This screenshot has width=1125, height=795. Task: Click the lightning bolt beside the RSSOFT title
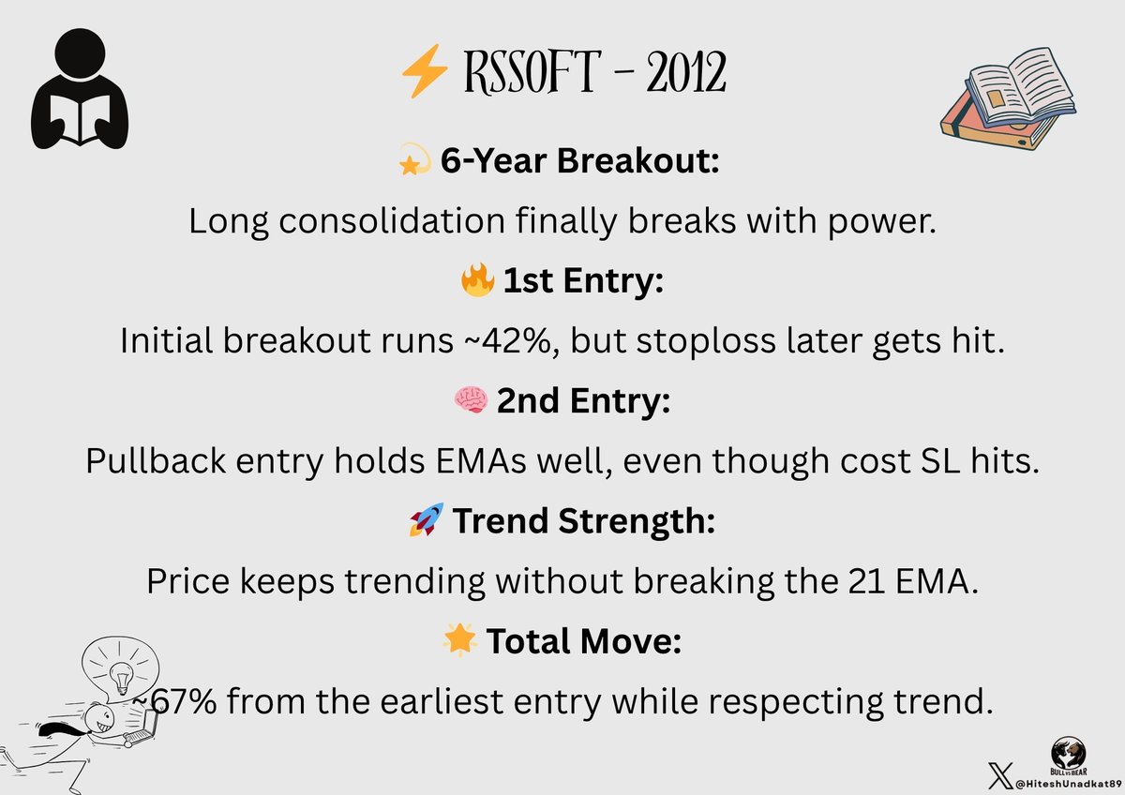425,71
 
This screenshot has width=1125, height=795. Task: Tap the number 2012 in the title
686,72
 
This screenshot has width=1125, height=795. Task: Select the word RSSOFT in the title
532,72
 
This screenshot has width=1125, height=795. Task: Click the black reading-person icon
80,88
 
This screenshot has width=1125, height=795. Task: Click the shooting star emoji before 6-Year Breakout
414,159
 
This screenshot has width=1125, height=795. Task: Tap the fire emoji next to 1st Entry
477,279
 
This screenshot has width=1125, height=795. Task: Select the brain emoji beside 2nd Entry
471,399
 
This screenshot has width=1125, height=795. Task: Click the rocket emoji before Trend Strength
427,519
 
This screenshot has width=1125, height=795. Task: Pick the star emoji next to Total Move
459,639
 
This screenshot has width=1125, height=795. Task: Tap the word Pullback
156,461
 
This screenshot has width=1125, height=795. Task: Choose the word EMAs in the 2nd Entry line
481,460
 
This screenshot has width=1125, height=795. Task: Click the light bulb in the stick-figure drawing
121,677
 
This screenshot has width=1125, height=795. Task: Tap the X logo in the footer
1001,775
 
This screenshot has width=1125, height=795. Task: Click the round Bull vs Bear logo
1069,755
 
